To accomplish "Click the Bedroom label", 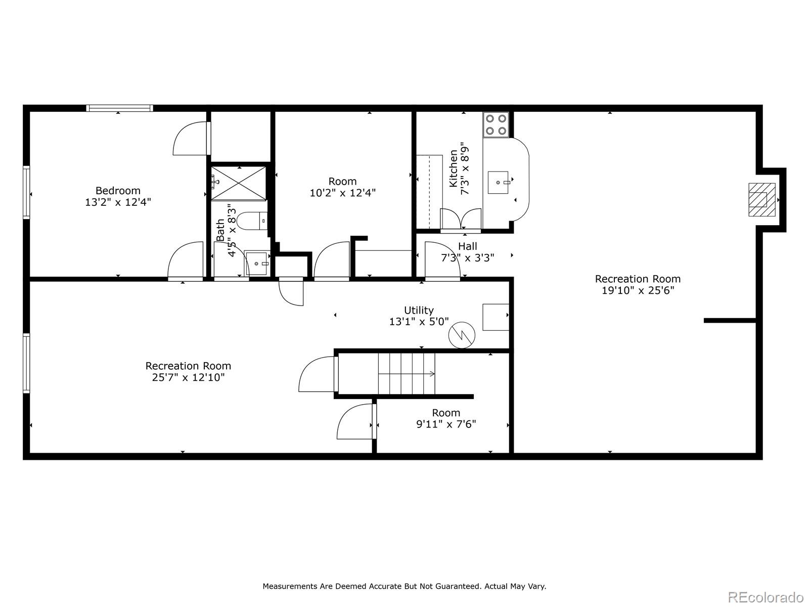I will pyautogui.click(x=118, y=191).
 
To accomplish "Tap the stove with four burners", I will pyautogui.click(x=496, y=125).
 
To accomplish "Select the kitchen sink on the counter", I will pyautogui.click(x=499, y=182).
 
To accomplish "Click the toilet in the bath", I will pyautogui.click(x=252, y=222).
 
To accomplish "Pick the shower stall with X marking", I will pyautogui.click(x=238, y=183).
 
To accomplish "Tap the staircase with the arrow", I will pyautogui.click(x=407, y=374).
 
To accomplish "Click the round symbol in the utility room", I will pyautogui.click(x=462, y=335).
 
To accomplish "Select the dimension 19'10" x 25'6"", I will pyautogui.click(x=638, y=290).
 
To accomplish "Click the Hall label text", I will pyautogui.click(x=467, y=246).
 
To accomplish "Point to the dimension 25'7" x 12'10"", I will pyautogui.click(x=188, y=377).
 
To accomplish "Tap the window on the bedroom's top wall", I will pyautogui.click(x=119, y=108).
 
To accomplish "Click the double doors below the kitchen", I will pyautogui.click(x=461, y=220).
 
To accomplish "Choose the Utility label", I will pyautogui.click(x=419, y=310).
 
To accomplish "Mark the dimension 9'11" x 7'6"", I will pyautogui.click(x=446, y=424).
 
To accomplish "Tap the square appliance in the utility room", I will pyautogui.click(x=496, y=317).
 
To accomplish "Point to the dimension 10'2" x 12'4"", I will pyautogui.click(x=342, y=193).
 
